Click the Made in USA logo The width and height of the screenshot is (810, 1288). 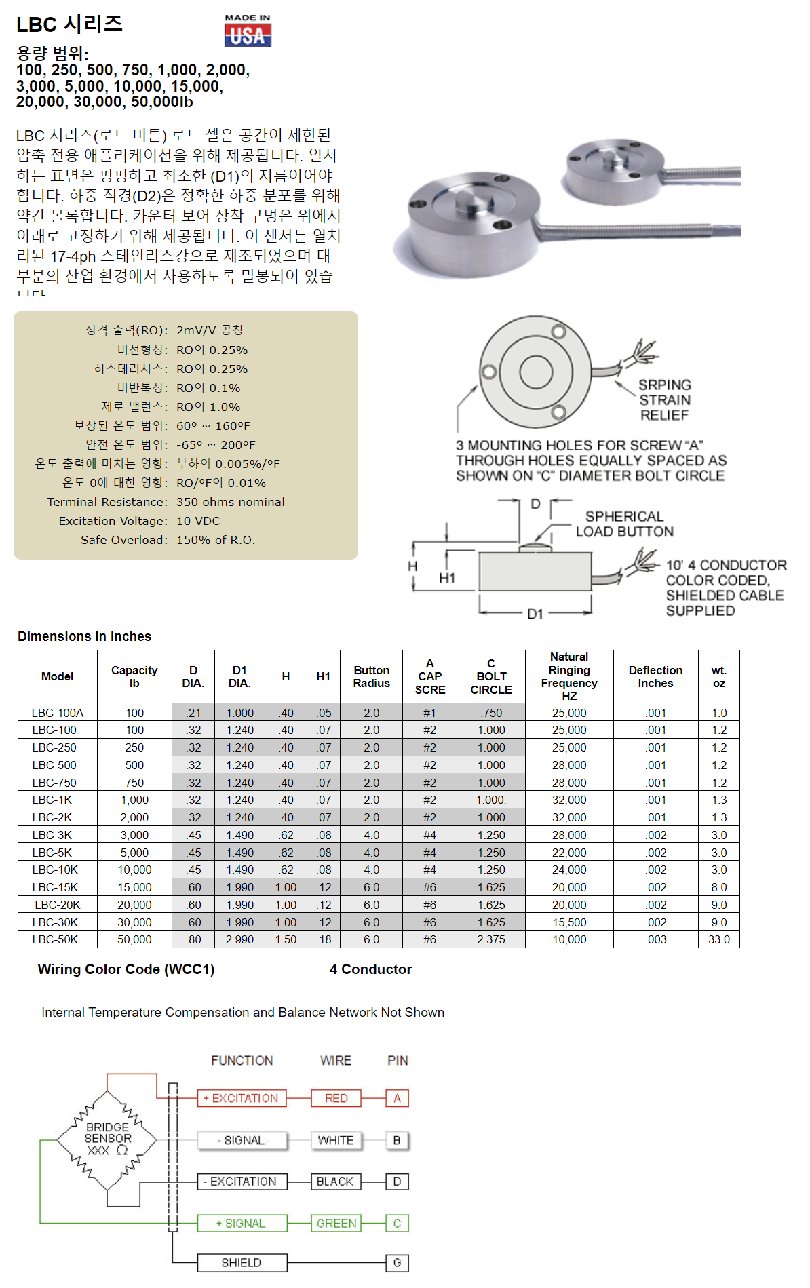click(248, 31)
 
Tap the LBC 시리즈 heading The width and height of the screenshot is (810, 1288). click(69, 24)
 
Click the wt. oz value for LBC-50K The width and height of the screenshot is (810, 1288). click(718, 939)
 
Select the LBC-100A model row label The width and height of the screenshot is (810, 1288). click(58, 713)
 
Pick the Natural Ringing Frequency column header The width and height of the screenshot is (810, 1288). click(568, 676)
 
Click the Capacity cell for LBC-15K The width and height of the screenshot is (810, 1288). click(134, 887)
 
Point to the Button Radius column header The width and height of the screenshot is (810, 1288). click(371, 676)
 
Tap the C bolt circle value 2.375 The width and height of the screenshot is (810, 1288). click(490, 939)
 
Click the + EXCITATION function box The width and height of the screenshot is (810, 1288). click(241, 1098)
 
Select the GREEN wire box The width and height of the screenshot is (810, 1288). click(336, 1223)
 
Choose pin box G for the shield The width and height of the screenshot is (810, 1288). click(397, 1262)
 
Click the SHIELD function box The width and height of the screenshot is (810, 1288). click(242, 1262)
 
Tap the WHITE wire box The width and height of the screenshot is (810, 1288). click(336, 1140)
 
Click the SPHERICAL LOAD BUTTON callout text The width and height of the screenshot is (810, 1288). click(624, 524)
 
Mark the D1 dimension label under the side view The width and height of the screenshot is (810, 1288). click(535, 614)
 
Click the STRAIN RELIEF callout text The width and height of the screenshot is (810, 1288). click(664, 400)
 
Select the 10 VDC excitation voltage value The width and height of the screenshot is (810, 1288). click(198, 521)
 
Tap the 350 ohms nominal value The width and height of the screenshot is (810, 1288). click(230, 502)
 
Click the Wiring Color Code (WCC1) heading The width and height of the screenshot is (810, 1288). click(126, 969)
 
